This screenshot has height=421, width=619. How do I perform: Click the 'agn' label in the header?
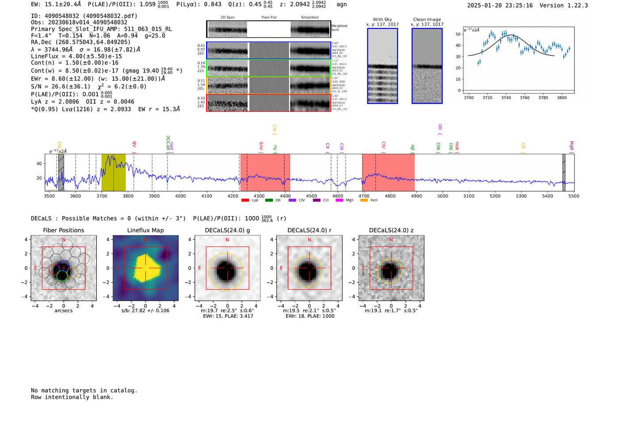(341, 4)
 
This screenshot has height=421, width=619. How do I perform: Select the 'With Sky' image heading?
(382, 19)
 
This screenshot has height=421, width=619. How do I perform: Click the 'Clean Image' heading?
(427, 19)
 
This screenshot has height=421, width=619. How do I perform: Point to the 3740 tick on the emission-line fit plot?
(506, 98)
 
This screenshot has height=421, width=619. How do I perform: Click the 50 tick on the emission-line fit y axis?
(458, 34)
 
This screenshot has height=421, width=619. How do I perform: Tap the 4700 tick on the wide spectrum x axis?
(364, 196)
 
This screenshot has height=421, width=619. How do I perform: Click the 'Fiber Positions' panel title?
(63, 230)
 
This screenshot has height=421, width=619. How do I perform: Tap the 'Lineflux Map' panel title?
(145, 230)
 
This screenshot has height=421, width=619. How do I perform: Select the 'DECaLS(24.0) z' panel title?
(391, 230)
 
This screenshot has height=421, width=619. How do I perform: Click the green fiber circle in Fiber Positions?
(62, 276)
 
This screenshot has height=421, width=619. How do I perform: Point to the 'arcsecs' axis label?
(63, 311)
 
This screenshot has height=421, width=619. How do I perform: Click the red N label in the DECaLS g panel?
(227, 240)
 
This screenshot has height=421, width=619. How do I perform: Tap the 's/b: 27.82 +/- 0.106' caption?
(145, 311)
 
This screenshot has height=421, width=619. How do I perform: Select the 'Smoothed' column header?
(309, 18)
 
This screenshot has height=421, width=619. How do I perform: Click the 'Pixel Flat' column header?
(269, 18)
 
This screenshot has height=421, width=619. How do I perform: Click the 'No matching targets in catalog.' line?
(84, 391)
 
